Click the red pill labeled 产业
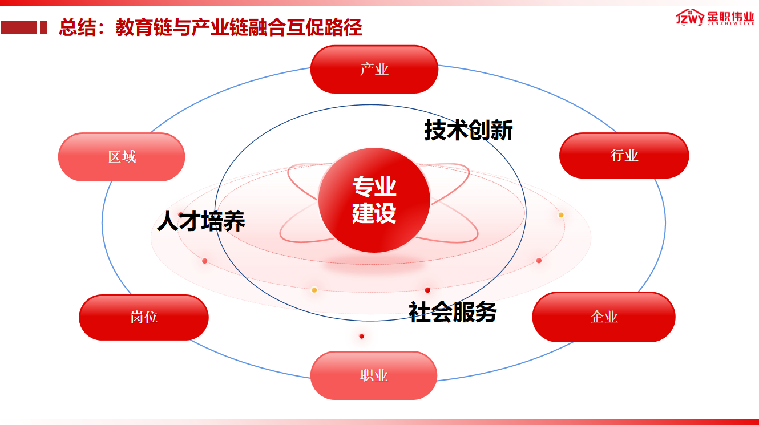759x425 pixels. (374, 69)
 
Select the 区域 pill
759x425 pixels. (122, 157)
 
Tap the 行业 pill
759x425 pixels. (624, 155)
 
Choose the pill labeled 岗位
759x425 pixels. (144, 317)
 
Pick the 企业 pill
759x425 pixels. (604, 317)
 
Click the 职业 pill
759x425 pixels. (374, 375)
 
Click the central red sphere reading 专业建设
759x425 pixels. (374, 200)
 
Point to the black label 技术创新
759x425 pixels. (469, 130)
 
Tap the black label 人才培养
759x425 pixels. (201, 221)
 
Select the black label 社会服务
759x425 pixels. (453, 312)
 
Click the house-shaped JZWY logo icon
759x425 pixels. (690, 17)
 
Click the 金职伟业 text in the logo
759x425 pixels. (730, 16)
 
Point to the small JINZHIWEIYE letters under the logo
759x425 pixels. (730, 24)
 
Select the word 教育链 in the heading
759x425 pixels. (144, 27)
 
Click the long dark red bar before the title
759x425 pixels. (19, 27)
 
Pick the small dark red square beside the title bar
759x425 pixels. (43, 27)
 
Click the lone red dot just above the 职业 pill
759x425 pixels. (362, 336)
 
